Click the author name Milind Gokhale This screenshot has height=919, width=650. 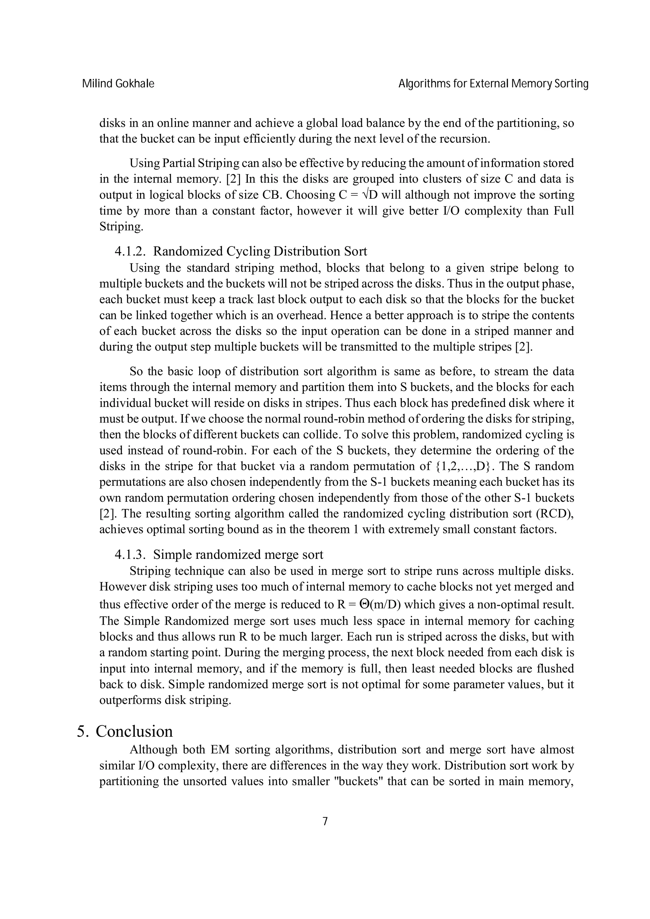coord(118,84)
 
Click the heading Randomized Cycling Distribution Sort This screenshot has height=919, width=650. coord(260,251)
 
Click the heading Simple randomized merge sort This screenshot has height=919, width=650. coord(238,555)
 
